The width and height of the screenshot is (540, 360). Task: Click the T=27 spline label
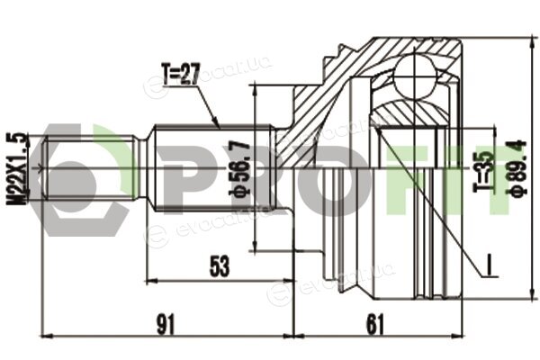(x=181, y=74)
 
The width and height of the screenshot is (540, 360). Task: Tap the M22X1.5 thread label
(x=16, y=168)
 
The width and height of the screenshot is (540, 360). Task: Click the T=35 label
(x=485, y=171)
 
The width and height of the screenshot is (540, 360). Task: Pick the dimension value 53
(x=220, y=266)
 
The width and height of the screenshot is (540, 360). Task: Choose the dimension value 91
(x=166, y=324)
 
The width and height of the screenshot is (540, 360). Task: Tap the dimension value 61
(x=374, y=324)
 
